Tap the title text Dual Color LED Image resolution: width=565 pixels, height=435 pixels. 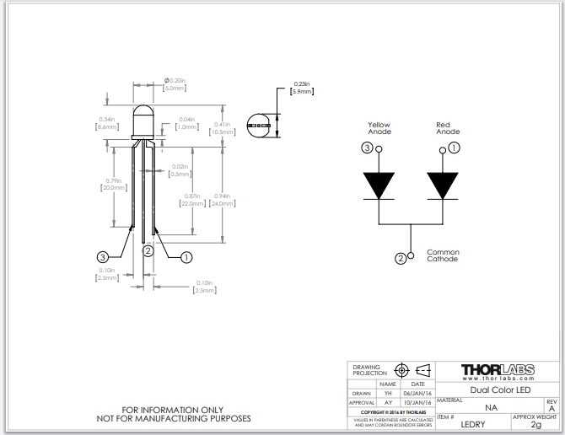(x=499, y=389)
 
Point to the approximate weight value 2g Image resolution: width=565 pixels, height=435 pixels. (x=535, y=425)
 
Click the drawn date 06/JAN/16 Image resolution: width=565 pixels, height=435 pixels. (x=418, y=393)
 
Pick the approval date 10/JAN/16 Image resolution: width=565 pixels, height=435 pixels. (x=418, y=403)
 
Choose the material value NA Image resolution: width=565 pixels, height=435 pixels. (x=491, y=407)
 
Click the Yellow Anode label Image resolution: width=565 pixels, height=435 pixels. (x=379, y=128)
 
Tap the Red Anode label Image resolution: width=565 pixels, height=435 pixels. (x=448, y=128)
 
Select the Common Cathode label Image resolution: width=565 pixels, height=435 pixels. (x=443, y=255)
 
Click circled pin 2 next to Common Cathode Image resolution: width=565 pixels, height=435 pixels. (x=401, y=259)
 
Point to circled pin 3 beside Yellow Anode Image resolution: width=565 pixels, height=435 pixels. (x=367, y=148)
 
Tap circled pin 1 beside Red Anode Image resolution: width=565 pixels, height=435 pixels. (x=455, y=148)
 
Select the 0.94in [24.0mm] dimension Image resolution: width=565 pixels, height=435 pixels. (x=223, y=199)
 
